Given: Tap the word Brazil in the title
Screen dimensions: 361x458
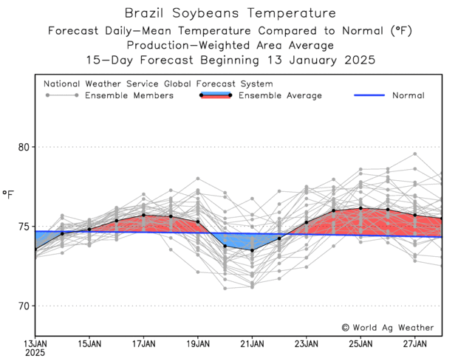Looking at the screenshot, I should [144, 14].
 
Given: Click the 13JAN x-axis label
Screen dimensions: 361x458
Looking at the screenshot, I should [35, 343].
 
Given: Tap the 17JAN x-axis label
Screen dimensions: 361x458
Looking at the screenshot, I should [143, 343].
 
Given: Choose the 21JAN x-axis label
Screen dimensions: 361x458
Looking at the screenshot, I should [252, 343].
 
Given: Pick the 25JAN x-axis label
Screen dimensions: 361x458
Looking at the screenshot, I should [360, 343].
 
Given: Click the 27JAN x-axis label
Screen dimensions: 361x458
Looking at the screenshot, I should [414, 343].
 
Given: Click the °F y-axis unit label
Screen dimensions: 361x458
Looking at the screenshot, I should [9, 195].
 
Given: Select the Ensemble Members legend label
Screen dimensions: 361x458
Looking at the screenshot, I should [129, 95].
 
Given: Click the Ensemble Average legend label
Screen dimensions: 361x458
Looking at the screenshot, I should [281, 95].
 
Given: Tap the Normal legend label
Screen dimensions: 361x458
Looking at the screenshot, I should [408, 95].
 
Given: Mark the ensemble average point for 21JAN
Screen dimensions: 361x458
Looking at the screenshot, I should [252, 250].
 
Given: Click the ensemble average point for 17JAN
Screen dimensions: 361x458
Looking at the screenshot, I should [143, 216].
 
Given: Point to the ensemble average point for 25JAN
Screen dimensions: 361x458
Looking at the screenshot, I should [360, 208].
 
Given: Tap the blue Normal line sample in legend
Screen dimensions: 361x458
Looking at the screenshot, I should [369, 95].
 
